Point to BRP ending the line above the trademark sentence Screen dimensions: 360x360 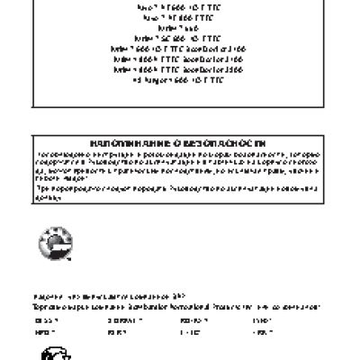(177, 296)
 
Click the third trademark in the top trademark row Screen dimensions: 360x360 (193, 319)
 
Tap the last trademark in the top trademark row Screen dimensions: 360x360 (262, 319)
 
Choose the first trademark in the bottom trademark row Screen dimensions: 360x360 (42, 332)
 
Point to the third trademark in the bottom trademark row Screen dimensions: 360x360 (190, 332)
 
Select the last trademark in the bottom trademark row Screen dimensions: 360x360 (263, 332)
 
